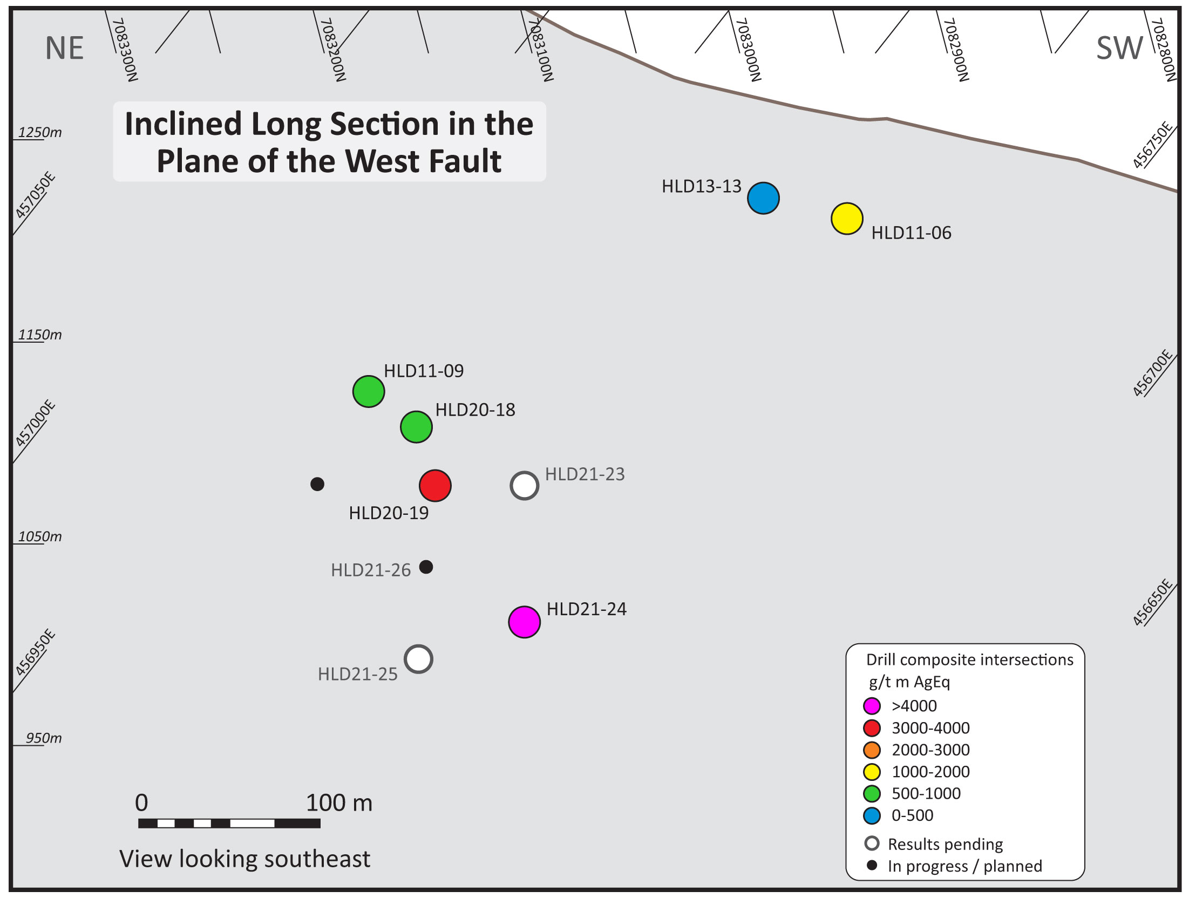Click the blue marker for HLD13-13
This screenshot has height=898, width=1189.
tap(763, 198)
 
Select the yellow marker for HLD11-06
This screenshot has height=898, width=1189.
tap(847, 219)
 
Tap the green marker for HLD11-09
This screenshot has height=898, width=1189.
tap(369, 391)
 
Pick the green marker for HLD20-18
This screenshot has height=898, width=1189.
tap(416, 427)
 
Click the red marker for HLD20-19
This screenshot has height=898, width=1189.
tap(435, 486)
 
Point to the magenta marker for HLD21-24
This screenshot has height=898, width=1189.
tap(524, 622)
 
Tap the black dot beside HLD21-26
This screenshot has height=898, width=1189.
tap(426, 567)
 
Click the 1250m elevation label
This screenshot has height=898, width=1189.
tap(40, 132)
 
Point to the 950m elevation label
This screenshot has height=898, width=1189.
tap(44, 738)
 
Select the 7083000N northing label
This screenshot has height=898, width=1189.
tap(748, 50)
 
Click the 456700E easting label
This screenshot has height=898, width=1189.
tap(1153, 373)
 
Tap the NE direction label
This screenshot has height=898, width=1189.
tap(64, 48)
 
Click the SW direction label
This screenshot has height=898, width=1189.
tap(1119, 47)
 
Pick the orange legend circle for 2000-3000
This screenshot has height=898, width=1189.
tap(872, 750)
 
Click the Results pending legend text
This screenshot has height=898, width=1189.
tap(945, 844)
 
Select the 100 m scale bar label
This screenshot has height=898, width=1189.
tap(339, 803)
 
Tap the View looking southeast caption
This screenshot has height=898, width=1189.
tap(244, 859)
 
